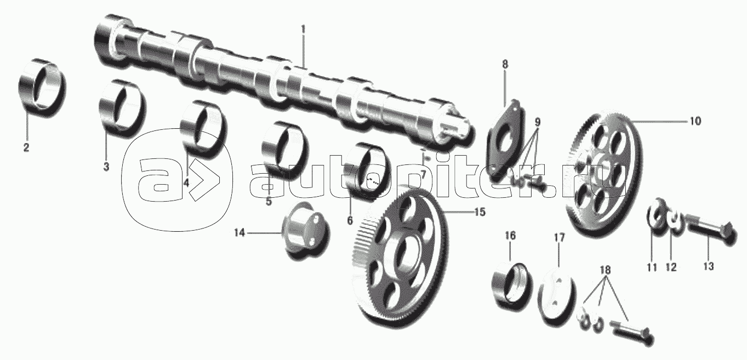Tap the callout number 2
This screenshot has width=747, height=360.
tap(26, 147)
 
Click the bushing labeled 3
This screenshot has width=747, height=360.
tap(122, 106)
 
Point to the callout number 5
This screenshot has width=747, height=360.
tap(269, 201)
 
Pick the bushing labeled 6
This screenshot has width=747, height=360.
tap(368, 169)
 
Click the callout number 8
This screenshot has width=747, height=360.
tap(505, 64)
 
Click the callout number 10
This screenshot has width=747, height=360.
tap(695, 122)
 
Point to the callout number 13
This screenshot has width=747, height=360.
tap(708, 266)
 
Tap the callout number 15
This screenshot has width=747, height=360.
tap(480, 212)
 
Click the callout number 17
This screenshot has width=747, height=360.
tap(558, 238)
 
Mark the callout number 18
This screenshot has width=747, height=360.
tap(605, 271)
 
